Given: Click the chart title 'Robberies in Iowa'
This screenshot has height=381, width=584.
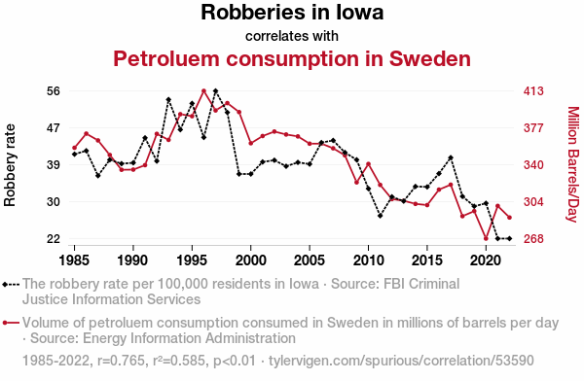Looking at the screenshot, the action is [x=292, y=12].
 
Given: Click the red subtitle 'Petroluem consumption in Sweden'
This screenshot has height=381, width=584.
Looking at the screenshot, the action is [x=292, y=58].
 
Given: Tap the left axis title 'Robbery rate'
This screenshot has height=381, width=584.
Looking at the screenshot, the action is [x=10, y=165].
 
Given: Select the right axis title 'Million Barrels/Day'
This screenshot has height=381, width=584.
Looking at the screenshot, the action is [x=573, y=164].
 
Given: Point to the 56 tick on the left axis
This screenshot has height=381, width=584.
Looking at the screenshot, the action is [x=54, y=91].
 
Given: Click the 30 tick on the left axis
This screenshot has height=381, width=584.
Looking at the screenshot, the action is [x=54, y=201].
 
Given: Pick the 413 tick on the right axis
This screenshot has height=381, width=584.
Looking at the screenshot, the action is [x=533, y=91].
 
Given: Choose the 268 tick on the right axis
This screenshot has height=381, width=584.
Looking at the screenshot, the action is [x=533, y=238].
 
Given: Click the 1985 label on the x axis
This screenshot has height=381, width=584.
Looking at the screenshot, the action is [x=75, y=260].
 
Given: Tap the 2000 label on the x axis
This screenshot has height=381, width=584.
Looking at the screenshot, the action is [x=251, y=260].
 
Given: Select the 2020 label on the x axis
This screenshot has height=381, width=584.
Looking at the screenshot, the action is [x=486, y=260].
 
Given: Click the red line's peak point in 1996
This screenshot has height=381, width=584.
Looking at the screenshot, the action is [x=203, y=90].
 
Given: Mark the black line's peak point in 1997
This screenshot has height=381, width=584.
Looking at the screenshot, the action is [x=215, y=90].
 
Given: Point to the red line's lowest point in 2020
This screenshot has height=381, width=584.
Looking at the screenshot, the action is [x=486, y=238].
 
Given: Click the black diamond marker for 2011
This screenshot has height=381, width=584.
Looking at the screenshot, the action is [x=380, y=216].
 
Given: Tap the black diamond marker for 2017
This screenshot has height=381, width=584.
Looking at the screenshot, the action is [x=451, y=157].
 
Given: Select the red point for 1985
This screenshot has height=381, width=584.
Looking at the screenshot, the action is [x=75, y=148].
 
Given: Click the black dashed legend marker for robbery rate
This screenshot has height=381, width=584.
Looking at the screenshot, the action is [x=11, y=285].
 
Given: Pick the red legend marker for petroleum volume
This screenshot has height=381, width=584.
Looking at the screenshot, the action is [x=11, y=323].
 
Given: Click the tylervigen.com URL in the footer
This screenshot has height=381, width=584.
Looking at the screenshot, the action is [x=401, y=361].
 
